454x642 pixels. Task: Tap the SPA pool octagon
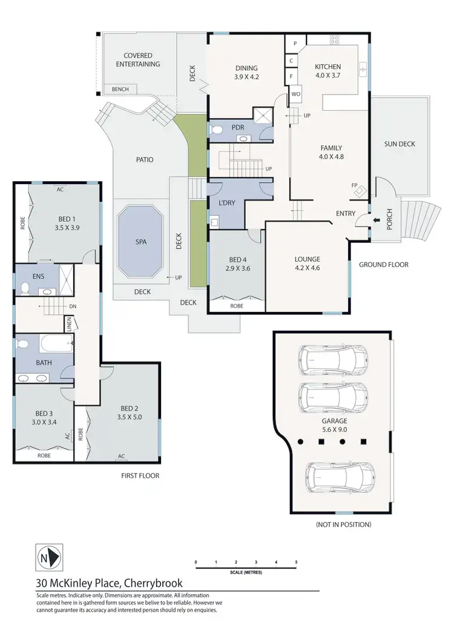pos(141,241)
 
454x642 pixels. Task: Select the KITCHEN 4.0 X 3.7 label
pos(328,71)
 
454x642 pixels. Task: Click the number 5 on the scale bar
pos(296,563)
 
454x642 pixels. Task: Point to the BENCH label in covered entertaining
pos(120,90)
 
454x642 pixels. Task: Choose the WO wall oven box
pos(296,94)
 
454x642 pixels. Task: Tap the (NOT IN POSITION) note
pos(343,525)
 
